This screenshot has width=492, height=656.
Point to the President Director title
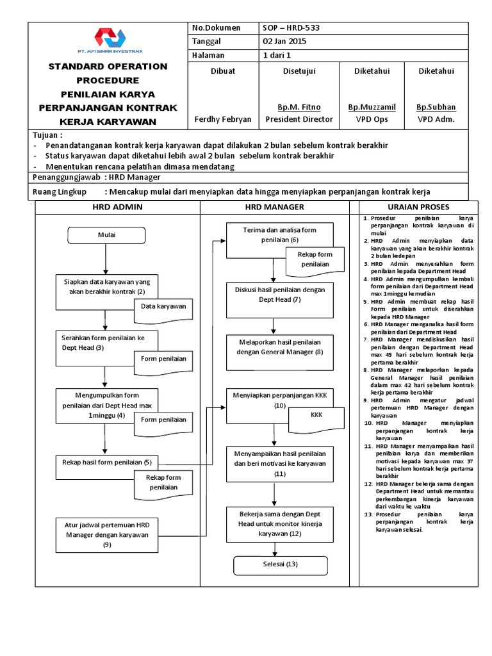tap(299, 119)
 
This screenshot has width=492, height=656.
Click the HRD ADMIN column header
tap(118, 207)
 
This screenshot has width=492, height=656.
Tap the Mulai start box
tap(106, 235)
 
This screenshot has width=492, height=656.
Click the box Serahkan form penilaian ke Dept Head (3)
tap(102, 342)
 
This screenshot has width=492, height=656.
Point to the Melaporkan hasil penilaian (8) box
tap(279, 352)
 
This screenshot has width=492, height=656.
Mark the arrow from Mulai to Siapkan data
tap(106, 259)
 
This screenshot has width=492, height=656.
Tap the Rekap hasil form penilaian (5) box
tap(106, 462)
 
